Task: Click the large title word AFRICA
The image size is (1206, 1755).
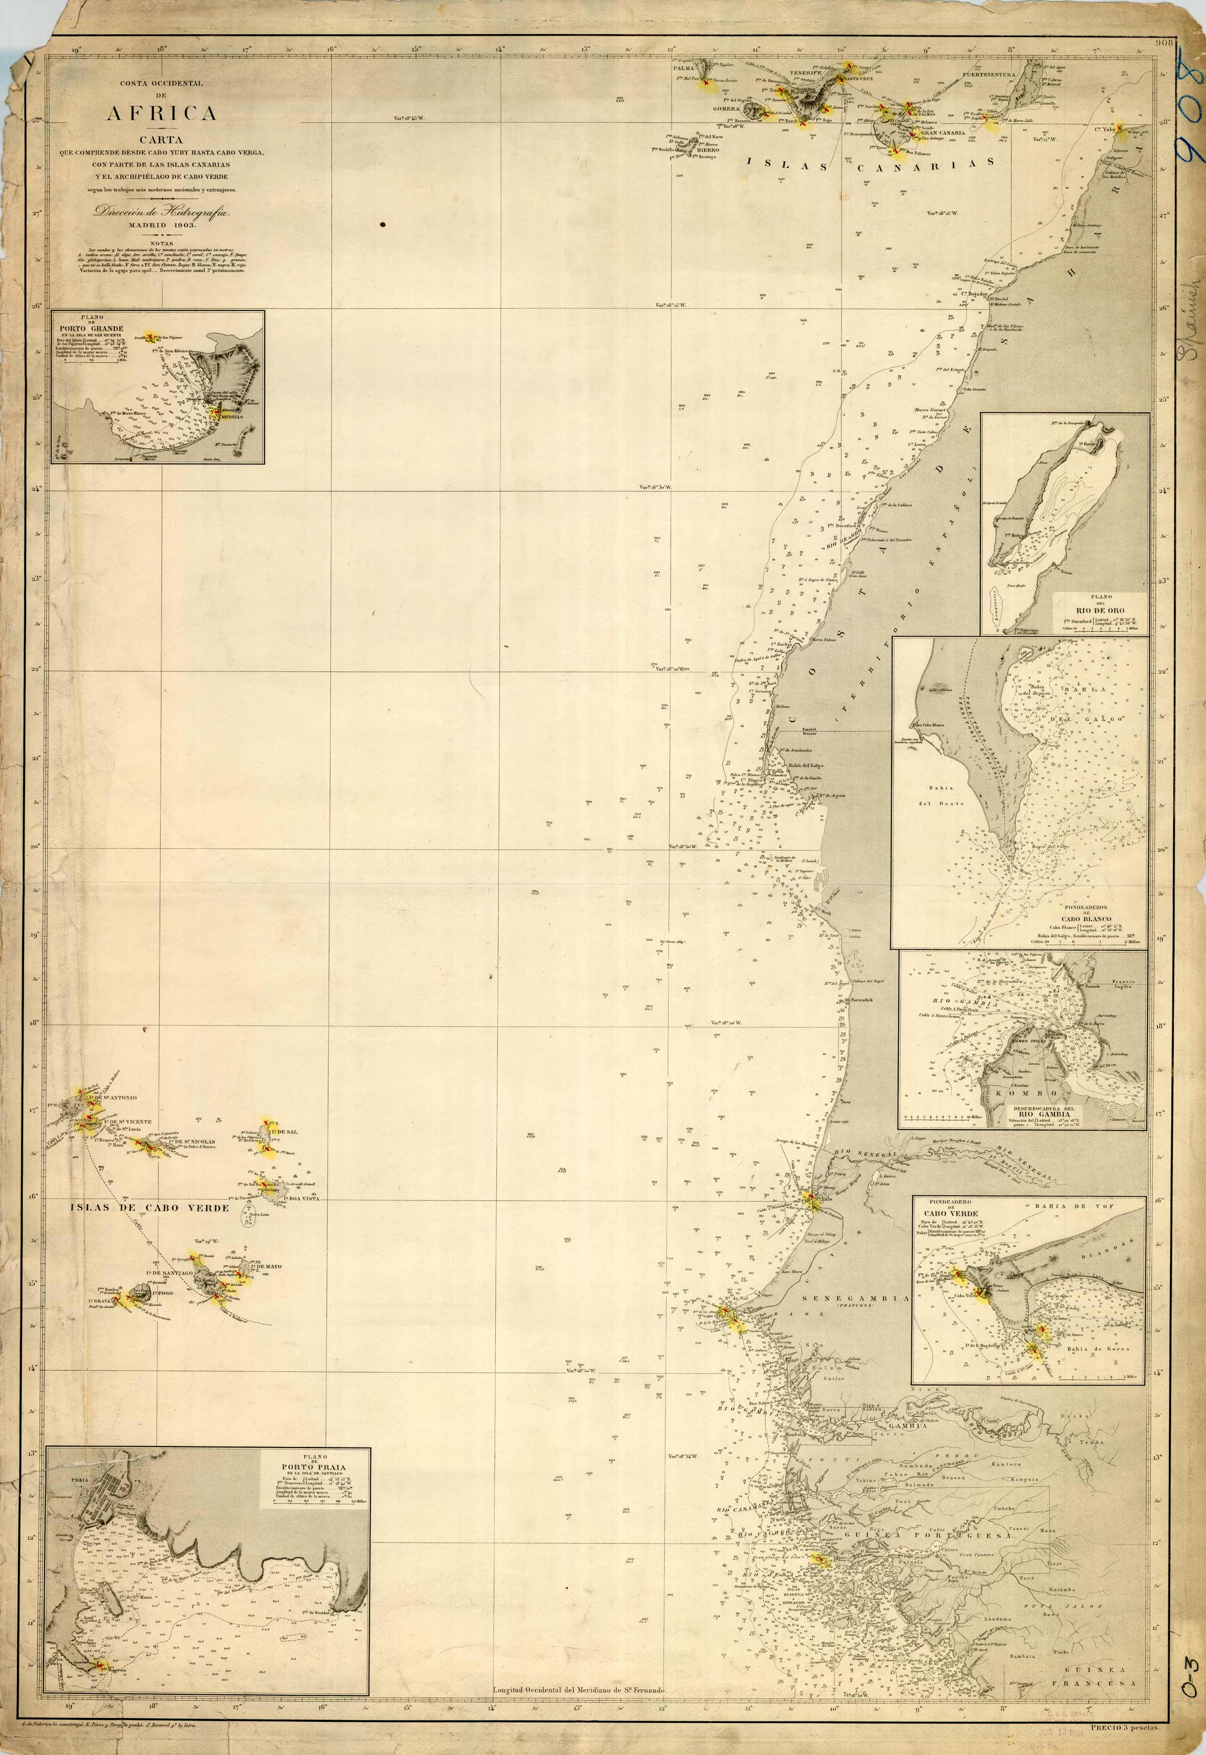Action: coord(162,113)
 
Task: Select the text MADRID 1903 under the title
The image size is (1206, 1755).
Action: coord(162,225)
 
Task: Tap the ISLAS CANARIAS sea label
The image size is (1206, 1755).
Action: coord(869,165)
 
